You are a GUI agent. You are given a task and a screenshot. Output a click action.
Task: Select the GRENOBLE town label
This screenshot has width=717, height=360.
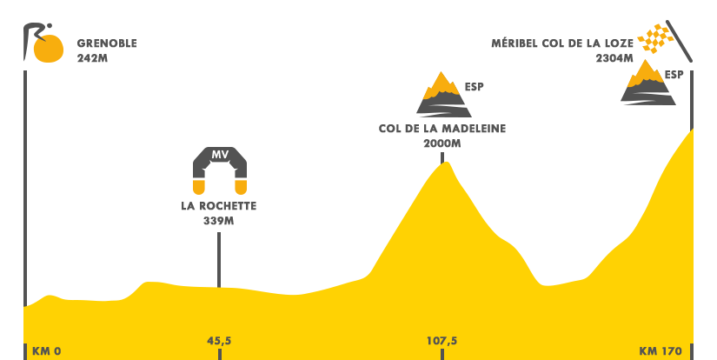point(107,43)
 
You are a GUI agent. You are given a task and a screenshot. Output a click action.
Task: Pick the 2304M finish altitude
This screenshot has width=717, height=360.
point(614,58)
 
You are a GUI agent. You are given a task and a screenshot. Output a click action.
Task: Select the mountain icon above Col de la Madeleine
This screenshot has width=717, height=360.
point(443,96)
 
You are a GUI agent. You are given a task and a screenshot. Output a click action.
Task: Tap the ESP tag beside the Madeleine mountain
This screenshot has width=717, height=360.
point(474,87)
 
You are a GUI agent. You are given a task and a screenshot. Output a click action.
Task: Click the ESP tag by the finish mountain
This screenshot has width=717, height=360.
point(674,75)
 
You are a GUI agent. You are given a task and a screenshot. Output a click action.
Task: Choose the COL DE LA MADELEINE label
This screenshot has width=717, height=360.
point(441,130)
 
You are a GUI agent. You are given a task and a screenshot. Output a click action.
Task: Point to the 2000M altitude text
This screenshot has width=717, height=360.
point(441,143)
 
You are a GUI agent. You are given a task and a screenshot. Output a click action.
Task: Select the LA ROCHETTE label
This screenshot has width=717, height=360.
point(218,207)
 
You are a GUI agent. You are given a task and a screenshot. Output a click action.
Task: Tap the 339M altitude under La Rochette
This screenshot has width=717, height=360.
point(218,221)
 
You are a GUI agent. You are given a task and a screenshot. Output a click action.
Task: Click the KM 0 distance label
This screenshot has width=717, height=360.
point(46,351)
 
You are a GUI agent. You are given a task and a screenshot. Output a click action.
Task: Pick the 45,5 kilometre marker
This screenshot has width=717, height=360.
point(219,341)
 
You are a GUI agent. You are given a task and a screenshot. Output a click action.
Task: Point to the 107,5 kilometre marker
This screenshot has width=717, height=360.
point(441,341)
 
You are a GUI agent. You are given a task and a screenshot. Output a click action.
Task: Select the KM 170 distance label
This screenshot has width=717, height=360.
point(660,351)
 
